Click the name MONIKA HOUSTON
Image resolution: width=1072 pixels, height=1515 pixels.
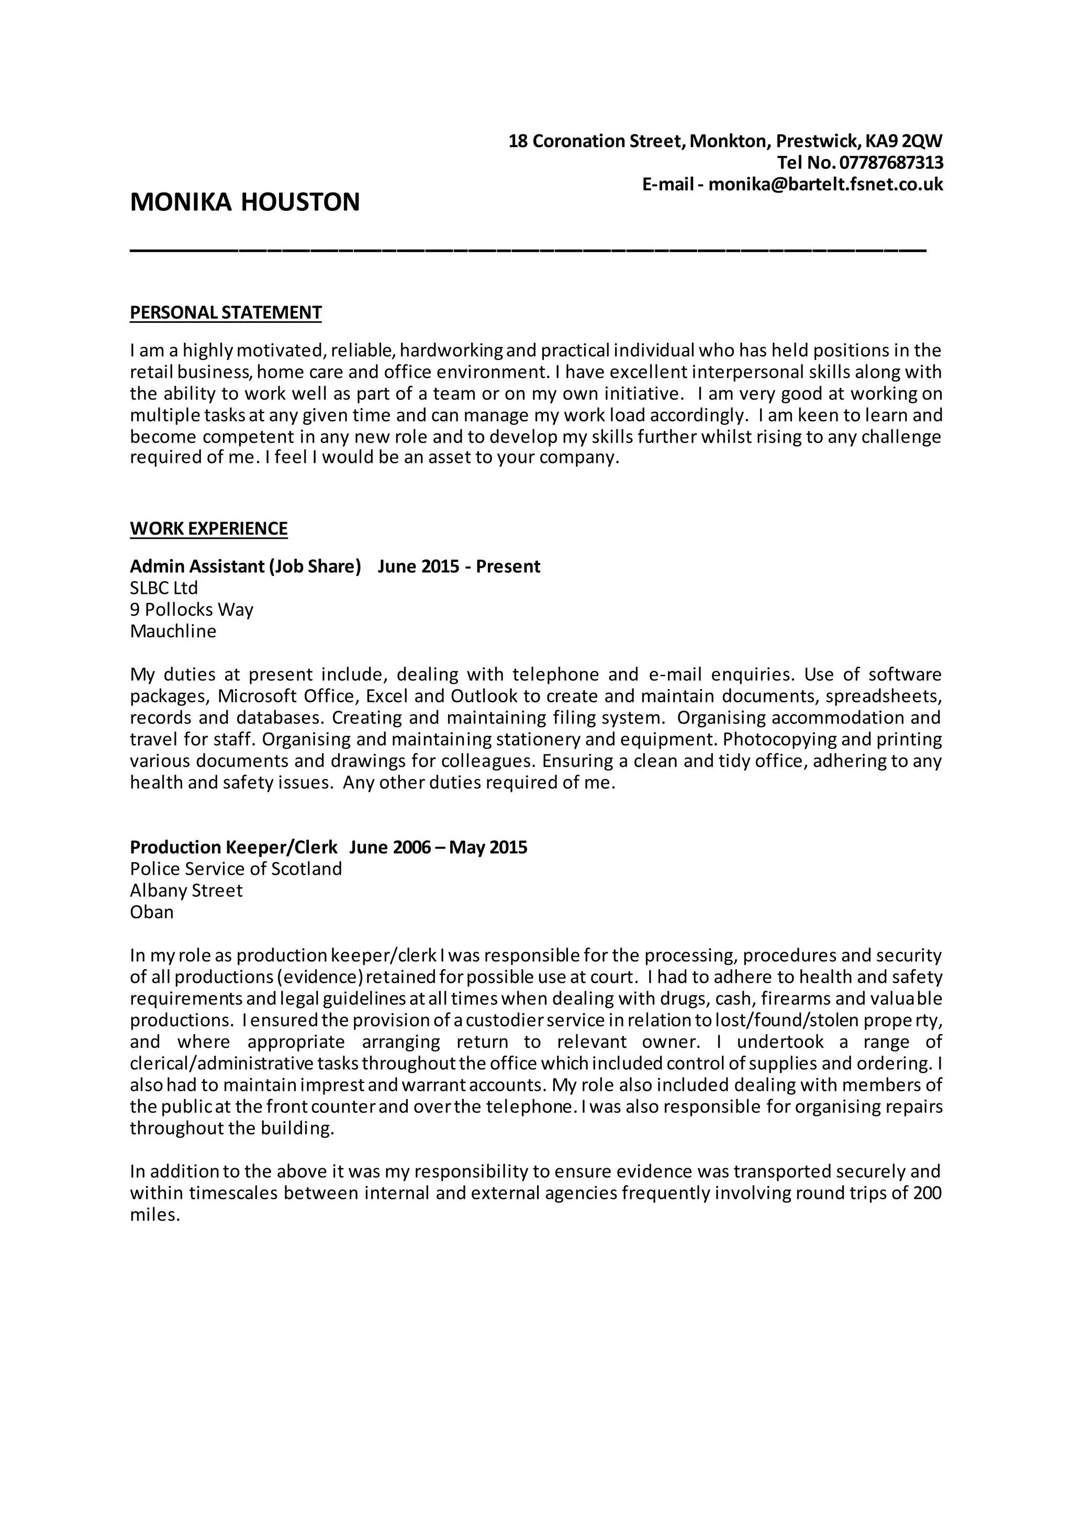pyautogui.click(x=245, y=202)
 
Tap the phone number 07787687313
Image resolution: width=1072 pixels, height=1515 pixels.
pyautogui.click(x=891, y=162)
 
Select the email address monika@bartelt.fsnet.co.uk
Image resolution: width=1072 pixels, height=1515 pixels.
pyautogui.click(x=825, y=184)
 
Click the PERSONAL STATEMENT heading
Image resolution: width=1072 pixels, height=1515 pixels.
pyautogui.click(x=226, y=312)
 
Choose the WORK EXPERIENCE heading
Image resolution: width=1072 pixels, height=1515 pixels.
pyautogui.click(x=209, y=528)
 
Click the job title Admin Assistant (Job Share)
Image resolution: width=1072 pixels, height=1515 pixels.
pyautogui.click(x=245, y=566)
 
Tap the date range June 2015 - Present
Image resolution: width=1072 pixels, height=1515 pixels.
pyautogui.click(x=459, y=566)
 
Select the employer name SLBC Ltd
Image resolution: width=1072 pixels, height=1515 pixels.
pyautogui.click(x=164, y=588)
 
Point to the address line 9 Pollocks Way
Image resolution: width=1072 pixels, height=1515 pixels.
pyautogui.click(x=192, y=609)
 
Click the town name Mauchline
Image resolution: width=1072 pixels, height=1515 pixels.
pyautogui.click(x=173, y=631)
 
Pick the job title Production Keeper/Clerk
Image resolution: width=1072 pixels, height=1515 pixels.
pyautogui.click(x=233, y=847)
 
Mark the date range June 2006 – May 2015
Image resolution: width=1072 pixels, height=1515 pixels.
pyautogui.click(x=438, y=847)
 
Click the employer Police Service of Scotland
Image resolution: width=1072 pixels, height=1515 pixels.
pyautogui.click(x=236, y=869)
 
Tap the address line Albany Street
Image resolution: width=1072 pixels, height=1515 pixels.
pyautogui.click(x=186, y=891)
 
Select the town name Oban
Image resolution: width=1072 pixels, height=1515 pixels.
pyautogui.click(x=152, y=912)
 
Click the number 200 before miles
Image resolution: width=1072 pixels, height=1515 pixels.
pyautogui.click(x=928, y=1193)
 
